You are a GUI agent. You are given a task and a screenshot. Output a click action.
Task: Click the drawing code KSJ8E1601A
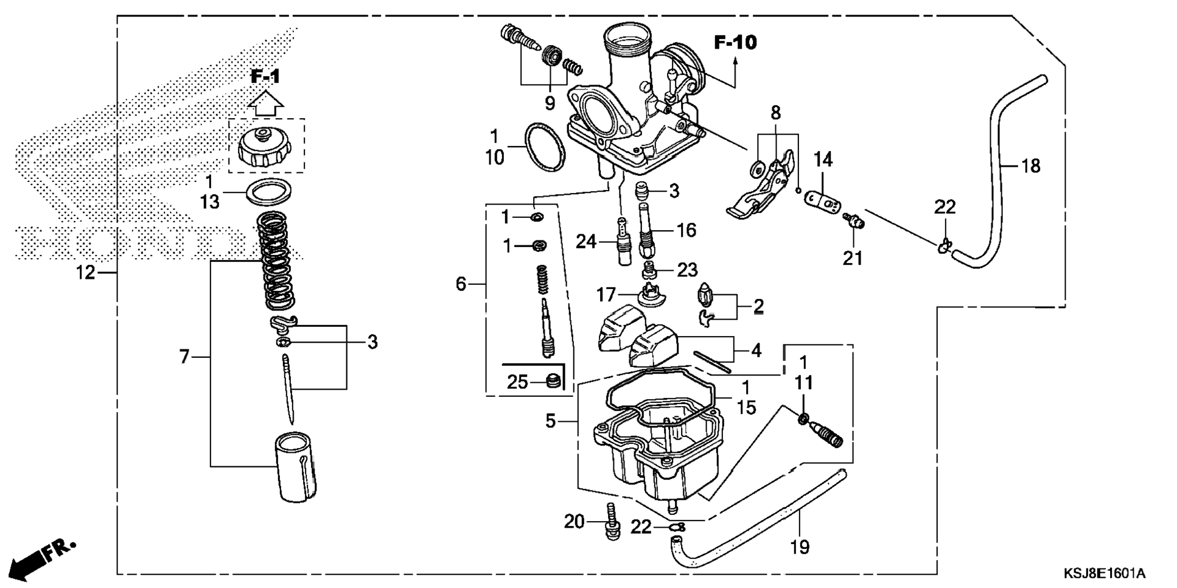click(x=1104, y=573)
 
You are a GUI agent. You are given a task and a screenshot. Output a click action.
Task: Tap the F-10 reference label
click(x=735, y=43)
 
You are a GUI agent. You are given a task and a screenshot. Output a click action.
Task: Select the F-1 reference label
click(x=266, y=77)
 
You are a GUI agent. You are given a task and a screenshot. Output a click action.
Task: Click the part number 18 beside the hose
click(x=1030, y=166)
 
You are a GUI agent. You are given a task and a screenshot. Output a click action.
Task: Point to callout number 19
click(x=800, y=547)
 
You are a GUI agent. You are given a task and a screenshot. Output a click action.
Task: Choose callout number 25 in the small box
click(x=517, y=382)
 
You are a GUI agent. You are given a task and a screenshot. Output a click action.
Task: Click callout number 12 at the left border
click(x=86, y=273)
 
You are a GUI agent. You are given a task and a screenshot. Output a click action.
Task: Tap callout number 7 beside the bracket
click(x=184, y=357)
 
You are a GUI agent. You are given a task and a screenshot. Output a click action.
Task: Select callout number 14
click(x=823, y=159)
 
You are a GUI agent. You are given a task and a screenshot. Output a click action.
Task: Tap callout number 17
click(x=606, y=295)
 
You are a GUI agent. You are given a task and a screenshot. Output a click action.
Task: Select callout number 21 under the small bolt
click(x=853, y=258)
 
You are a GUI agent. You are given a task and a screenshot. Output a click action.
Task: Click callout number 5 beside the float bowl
click(x=550, y=421)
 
